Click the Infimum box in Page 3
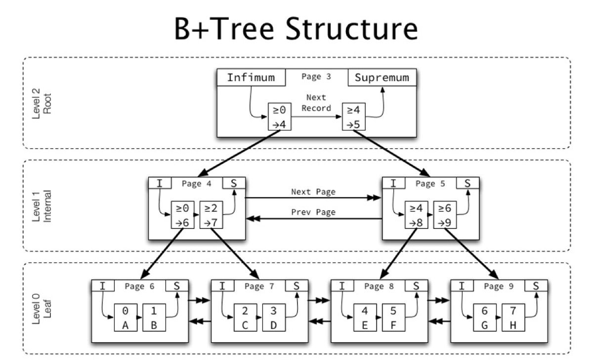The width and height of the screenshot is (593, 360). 252,78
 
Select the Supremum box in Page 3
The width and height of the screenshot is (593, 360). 382,78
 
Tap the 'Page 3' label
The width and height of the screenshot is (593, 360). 316,77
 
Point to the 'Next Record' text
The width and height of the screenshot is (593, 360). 316,103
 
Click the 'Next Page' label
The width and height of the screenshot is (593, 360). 313,191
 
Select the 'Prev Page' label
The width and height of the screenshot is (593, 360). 313,212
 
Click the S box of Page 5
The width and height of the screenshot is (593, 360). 467,183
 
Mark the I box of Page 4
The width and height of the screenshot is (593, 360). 160,183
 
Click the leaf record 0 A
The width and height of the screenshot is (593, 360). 126,317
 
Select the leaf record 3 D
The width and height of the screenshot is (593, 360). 274,317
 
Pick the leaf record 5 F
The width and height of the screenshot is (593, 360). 393,317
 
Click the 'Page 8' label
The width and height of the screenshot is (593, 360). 374,286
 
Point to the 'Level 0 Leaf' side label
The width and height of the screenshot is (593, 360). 42,308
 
